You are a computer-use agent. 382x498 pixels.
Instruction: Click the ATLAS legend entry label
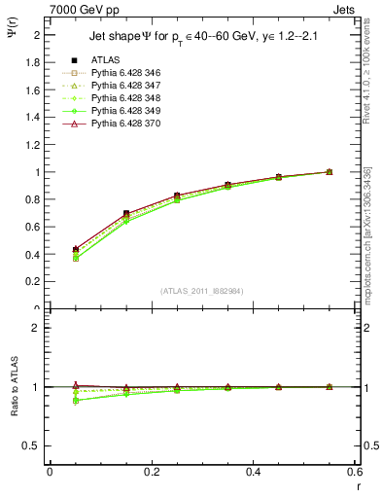click(x=106, y=60)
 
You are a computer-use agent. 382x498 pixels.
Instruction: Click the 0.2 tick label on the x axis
click(x=151, y=472)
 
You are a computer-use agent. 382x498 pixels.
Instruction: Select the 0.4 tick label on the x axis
click(x=253, y=472)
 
